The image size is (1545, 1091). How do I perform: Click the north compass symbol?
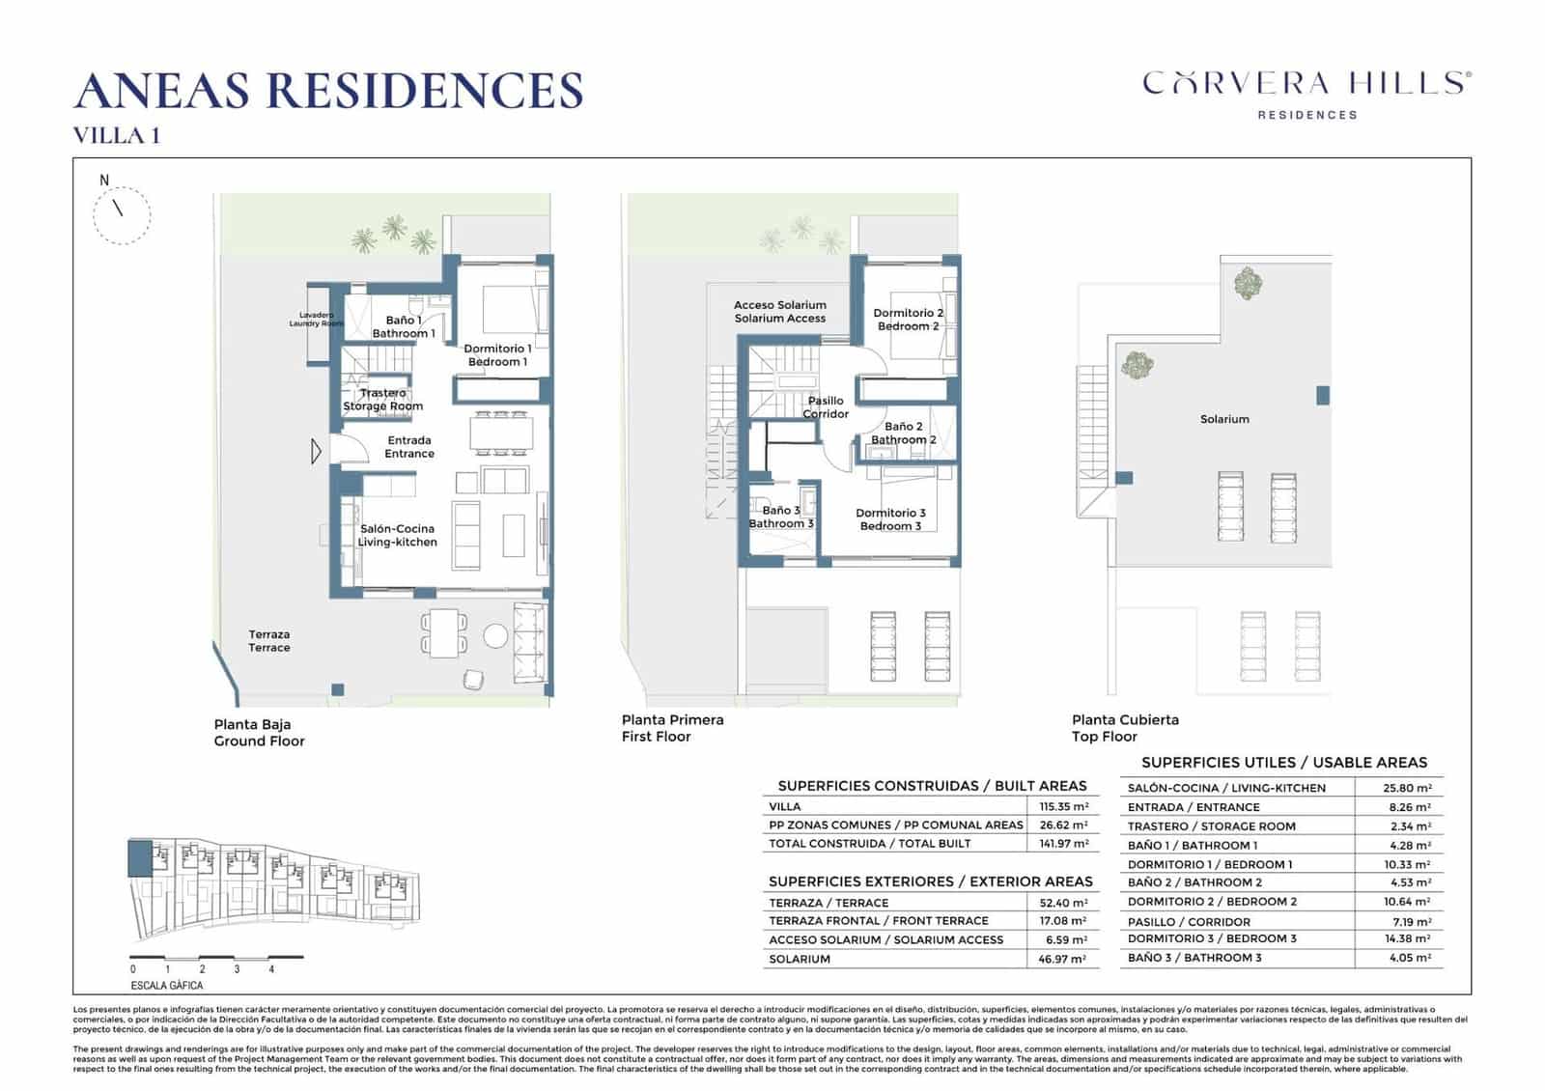coord(121,213)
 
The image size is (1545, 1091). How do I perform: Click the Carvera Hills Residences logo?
coord(1306,94)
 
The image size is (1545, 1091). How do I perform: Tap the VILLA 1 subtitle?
coord(117,136)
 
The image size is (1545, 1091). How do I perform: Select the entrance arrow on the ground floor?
coord(316,451)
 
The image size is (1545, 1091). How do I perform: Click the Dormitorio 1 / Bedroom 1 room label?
coord(497,355)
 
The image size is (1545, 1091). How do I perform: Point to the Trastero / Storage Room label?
coord(383,400)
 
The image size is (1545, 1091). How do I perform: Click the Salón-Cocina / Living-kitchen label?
coord(397,536)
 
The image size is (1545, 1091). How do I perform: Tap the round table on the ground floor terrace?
coord(495,635)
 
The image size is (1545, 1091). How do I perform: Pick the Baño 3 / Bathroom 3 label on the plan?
coord(781,517)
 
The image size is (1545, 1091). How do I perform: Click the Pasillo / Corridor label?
coord(826,407)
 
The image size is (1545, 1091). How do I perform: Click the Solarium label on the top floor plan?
coord(1224,420)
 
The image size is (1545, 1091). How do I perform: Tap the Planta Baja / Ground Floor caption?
coord(259,733)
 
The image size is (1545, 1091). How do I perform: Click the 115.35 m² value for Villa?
coord(1063,806)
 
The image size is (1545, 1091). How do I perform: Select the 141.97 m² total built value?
coord(1063,844)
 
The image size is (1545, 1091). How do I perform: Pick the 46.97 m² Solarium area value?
coord(1062,960)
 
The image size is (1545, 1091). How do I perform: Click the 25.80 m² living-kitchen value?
coord(1407,788)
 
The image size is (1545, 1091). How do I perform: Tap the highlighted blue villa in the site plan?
coord(139,857)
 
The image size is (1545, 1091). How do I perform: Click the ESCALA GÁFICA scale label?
coord(167,986)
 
